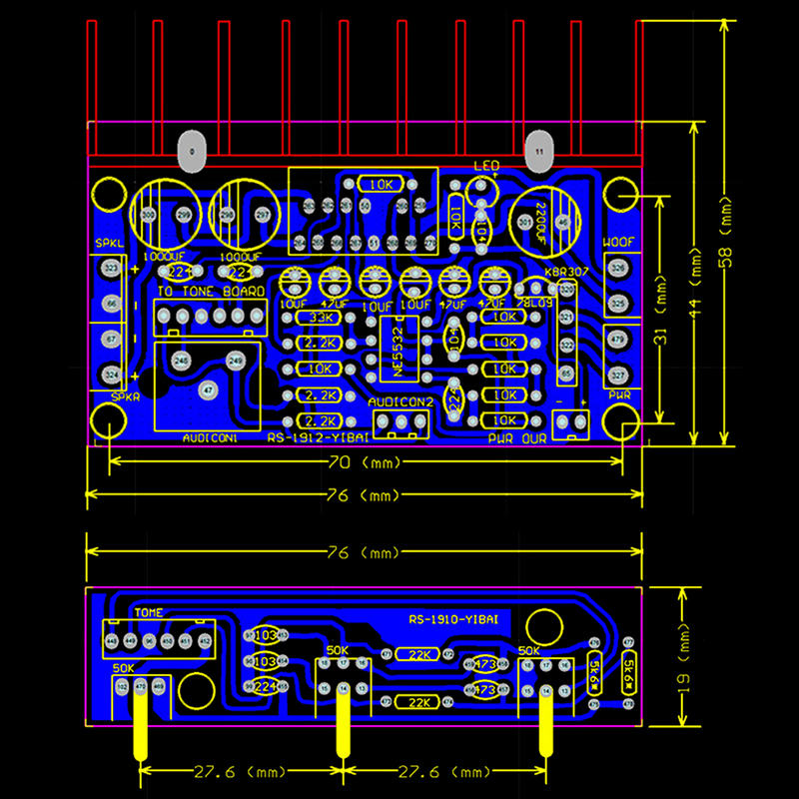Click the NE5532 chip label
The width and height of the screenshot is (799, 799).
point(399,350)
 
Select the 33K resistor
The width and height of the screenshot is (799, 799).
point(322,318)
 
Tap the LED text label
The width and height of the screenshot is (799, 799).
point(486,166)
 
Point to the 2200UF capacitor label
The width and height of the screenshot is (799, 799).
point(540,223)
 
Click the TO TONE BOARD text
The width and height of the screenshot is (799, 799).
point(211,291)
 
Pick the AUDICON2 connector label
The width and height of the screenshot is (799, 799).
point(400,401)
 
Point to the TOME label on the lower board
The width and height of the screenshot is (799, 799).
point(148,612)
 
